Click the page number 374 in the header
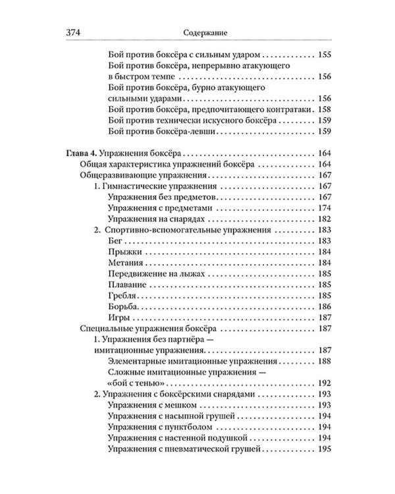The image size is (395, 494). [x=74, y=32]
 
